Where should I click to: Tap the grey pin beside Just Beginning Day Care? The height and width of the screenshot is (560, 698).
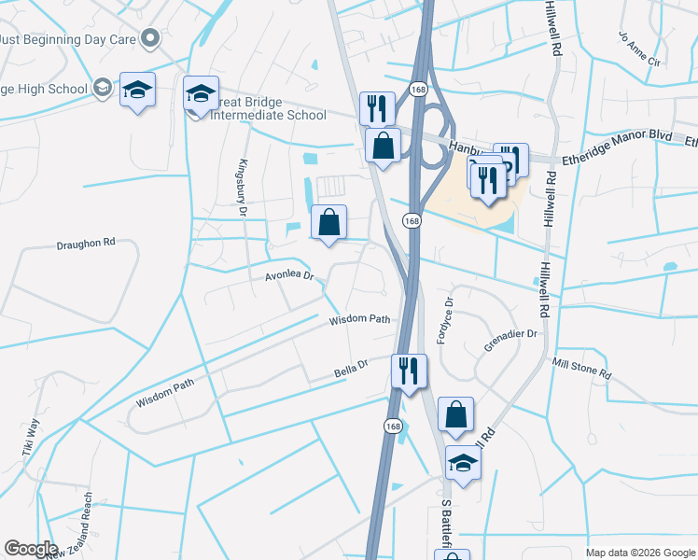tap(150, 38)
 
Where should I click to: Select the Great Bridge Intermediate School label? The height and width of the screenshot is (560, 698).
tap(266, 107)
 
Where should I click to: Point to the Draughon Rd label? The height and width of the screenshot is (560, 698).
tap(85, 242)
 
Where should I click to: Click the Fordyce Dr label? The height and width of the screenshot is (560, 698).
tap(446, 320)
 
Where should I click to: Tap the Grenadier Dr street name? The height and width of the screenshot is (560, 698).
tap(510, 340)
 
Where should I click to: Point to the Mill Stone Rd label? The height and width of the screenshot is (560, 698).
tap(581, 368)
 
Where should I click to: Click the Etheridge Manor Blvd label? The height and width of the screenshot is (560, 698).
tap(615, 136)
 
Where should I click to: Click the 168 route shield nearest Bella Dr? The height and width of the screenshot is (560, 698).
tap(392, 425)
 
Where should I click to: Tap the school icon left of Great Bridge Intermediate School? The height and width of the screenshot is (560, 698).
tap(137, 90)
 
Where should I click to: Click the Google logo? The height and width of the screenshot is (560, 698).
tap(32, 549)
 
